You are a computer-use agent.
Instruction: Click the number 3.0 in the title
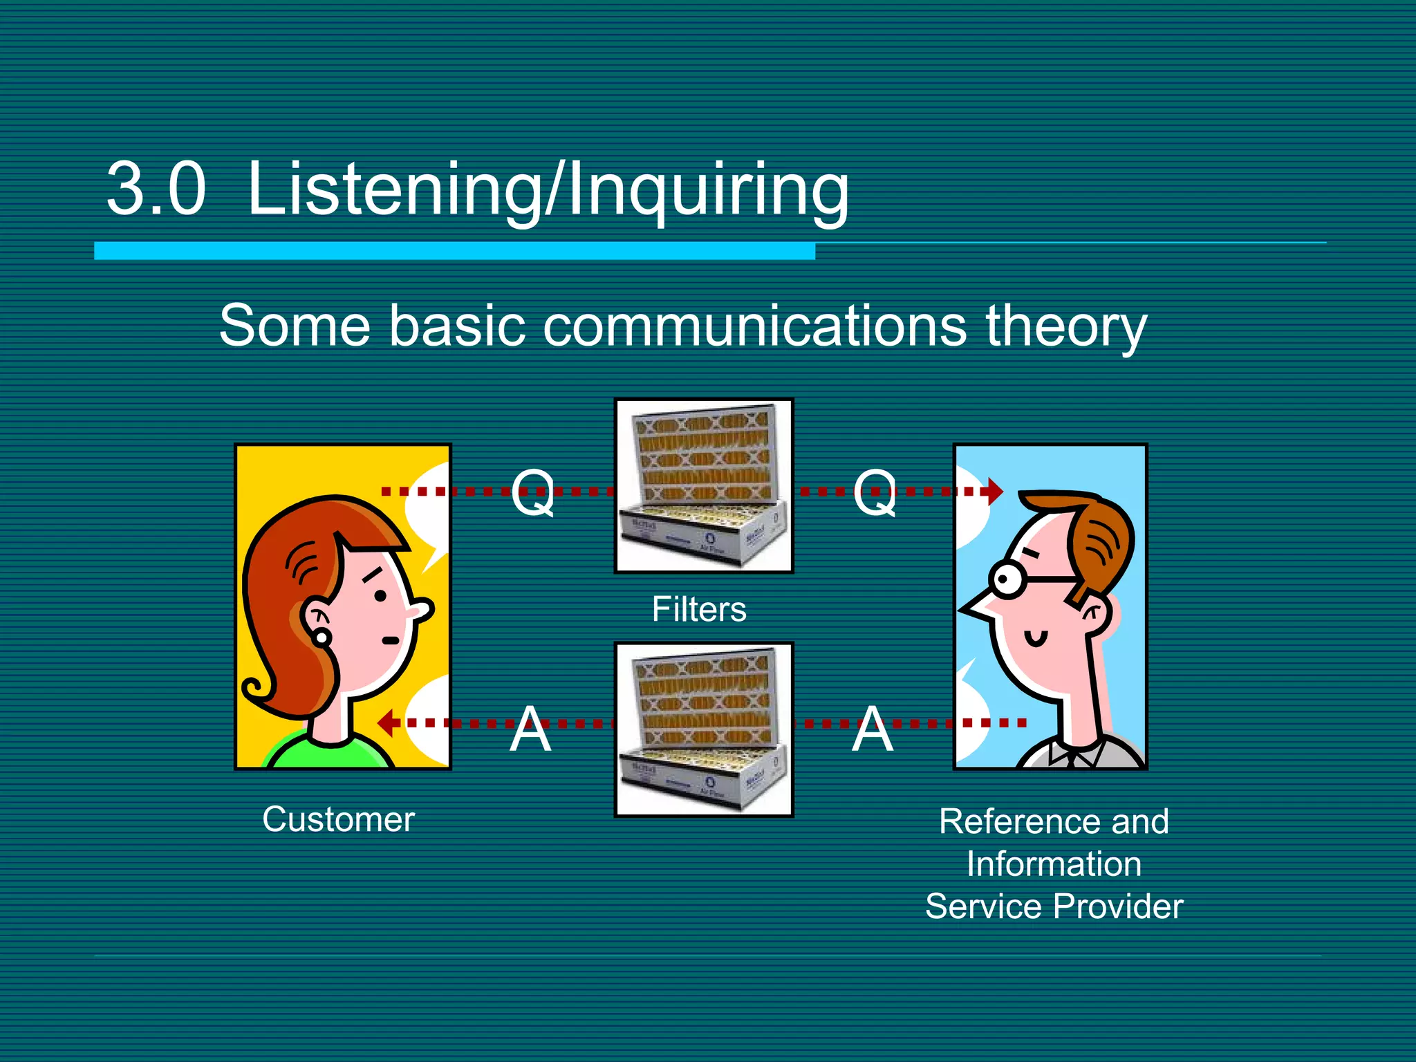(x=156, y=188)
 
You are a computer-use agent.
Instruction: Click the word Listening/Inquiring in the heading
(x=548, y=189)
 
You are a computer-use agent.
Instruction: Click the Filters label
(x=699, y=609)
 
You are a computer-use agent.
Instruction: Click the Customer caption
(x=338, y=819)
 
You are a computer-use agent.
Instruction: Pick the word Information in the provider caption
(x=1054, y=864)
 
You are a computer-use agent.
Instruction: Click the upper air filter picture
(x=704, y=485)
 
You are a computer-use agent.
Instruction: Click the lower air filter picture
(x=704, y=729)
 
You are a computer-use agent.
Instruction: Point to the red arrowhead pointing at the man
(x=995, y=492)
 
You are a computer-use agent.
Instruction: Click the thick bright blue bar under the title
(x=454, y=251)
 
